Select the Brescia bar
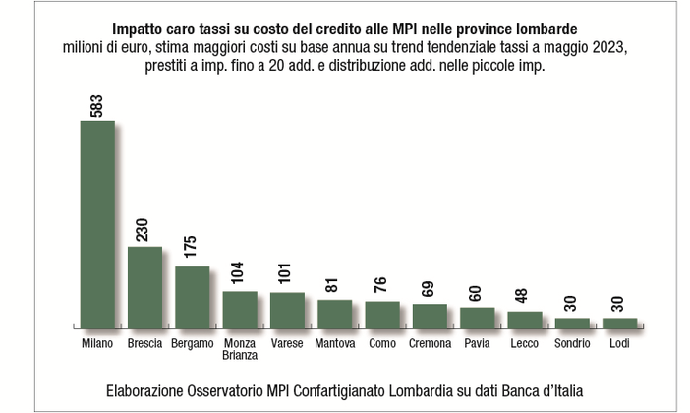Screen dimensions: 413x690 point(144,286)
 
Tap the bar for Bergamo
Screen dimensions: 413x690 point(192,296)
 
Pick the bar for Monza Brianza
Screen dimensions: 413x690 point(240,309)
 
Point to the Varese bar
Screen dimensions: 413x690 point(287,310)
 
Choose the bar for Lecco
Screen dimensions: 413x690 point(525,319)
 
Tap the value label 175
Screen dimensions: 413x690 point(191,250)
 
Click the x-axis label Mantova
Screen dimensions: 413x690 point(335,344)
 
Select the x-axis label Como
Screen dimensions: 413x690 point(382,344)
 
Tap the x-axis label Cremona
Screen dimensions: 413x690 point(430,344)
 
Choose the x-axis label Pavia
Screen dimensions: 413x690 point(477,344)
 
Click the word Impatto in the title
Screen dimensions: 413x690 point(142,29)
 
